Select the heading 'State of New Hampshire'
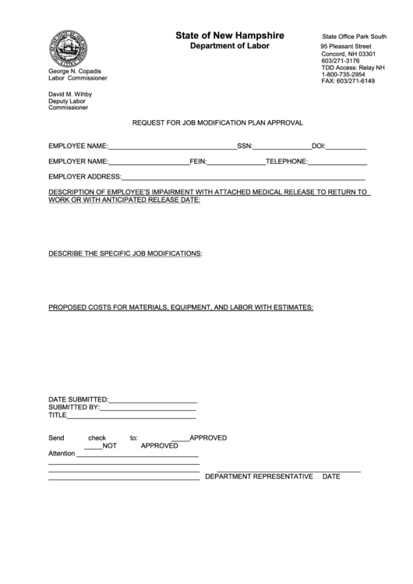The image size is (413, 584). click(x=229, y=36)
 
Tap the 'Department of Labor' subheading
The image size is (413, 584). click(x=230, y=47)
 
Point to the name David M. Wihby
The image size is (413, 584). click(x=70, y=94)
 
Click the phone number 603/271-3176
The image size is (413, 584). click(x=341, y=61)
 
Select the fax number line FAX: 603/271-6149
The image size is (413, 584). click(x=348, y=82)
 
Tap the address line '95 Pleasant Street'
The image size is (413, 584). click(x=346, y=47)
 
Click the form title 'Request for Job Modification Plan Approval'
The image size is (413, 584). click(x=217, y=123)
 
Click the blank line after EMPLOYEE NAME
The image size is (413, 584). click(x=172, y=147)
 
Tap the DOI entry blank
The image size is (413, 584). click(x=346, y=147)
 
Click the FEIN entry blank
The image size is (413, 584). click(x=236, y=163)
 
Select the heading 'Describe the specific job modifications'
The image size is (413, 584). click(x=125, y=254)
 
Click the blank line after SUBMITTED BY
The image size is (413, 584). click(x=148, y=407)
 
